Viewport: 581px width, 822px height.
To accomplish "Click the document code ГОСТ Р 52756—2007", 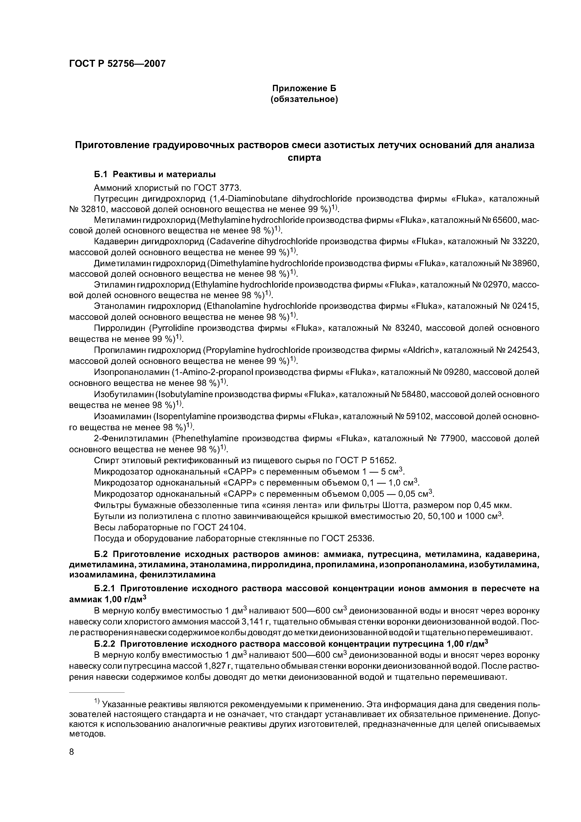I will [x=117, y=64].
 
